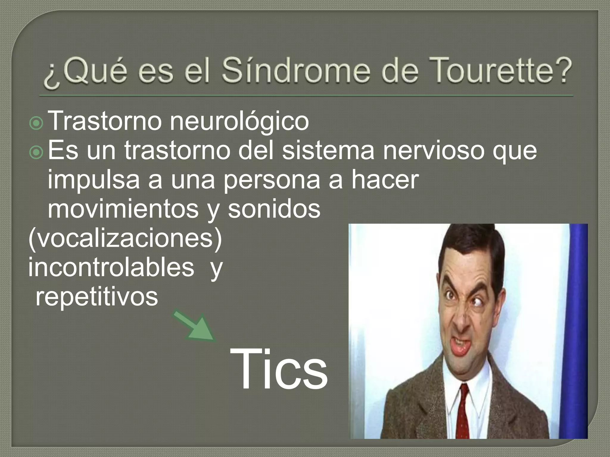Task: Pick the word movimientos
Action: click(123, 209)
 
